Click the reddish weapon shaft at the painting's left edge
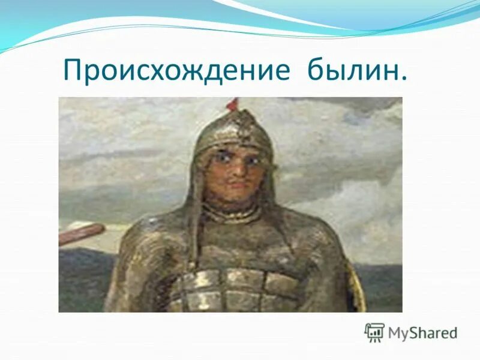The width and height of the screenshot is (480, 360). click(x=82, y=233)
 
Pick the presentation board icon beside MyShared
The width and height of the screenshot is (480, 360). click(x=374, y=332)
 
